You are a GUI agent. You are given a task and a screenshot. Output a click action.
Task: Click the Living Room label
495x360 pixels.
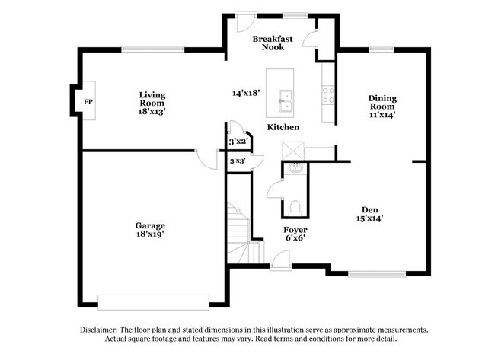point(152,103)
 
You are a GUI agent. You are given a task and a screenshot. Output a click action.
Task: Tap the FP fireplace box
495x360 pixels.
point(88,100)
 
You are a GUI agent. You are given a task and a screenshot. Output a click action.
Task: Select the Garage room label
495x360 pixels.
point(150,230)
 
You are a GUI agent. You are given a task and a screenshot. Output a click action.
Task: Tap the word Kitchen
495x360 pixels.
point(283,127)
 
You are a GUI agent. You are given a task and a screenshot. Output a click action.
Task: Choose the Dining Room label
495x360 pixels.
point(382,106)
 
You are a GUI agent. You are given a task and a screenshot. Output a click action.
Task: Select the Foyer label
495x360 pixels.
point(295,231)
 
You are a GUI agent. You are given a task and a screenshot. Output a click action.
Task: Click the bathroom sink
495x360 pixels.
point(294,168)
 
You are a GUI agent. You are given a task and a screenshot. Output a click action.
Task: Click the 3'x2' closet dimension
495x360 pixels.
point(238,142)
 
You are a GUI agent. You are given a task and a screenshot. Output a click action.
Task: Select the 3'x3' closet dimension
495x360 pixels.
point(238,161)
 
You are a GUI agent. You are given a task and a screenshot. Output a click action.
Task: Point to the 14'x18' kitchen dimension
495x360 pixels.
point(247,93)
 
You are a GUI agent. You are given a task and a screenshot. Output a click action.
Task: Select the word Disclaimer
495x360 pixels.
point(100,330)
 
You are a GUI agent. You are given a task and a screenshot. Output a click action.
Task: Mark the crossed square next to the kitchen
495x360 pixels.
point(292,148)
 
